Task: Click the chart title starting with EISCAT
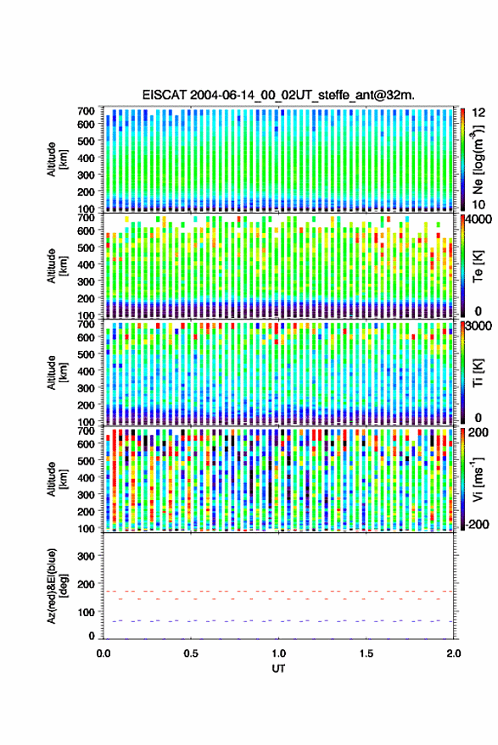tap(278, 95)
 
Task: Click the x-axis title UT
tap(278, 669)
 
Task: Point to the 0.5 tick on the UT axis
tap(191, 653)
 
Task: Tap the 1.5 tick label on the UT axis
tap(367, 653)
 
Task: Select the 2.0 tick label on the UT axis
tap(454, 653)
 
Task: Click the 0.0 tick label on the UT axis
tap(104, 653)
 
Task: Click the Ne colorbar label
tap(478, 158)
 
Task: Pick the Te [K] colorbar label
tap(478, 267)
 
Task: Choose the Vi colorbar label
tap(478, 479)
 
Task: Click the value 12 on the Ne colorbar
tap(479, 113)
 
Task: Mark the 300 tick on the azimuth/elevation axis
tap(86, 556)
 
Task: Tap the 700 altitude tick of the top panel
tap(86, 111)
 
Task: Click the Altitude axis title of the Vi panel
tap(57, 479)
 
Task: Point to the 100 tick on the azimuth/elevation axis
tap(86, 612)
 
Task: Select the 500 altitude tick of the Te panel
tap(86, 247)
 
